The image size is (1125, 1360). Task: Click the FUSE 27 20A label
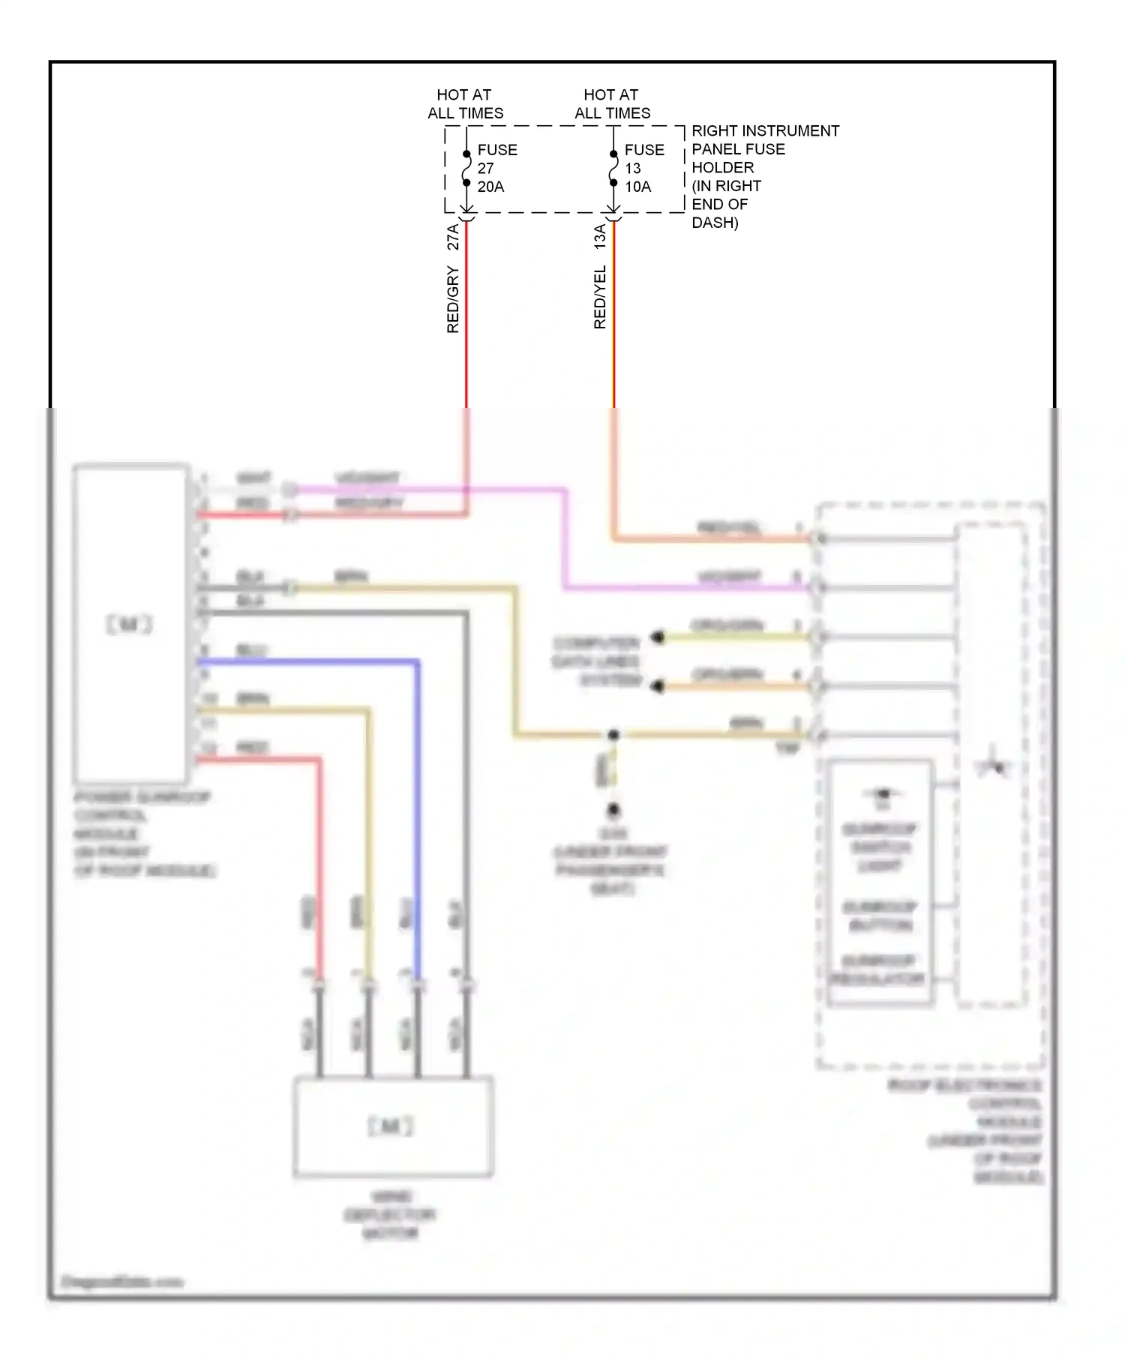coord(496,168)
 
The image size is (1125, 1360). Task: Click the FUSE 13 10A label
coord(643,168)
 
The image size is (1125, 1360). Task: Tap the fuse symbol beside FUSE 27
coord(466,169)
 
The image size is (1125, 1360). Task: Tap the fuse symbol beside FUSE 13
coord(613,169)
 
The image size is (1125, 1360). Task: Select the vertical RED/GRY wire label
coord(453,299)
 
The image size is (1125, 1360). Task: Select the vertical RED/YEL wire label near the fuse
coord(600,297)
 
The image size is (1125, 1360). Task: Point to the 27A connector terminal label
coord(453,237)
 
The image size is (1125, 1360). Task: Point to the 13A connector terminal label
coord(600,237)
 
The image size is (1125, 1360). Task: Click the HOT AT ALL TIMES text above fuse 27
coord(465,103)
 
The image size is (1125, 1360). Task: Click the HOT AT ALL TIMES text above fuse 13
coord(612,103)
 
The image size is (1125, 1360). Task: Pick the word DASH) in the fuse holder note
coord(715,223)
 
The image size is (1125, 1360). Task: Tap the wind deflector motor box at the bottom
coord(392,1126)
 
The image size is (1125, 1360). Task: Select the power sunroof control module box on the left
coord(130,624)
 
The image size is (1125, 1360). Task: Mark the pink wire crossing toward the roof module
coord(565,540)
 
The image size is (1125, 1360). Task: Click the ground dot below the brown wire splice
coord(613,810)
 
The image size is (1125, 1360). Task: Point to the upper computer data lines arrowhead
coord(658,637)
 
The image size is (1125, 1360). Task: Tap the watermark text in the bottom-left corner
coord(121,1282)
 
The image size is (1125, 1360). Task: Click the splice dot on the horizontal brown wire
coord(613,735)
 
